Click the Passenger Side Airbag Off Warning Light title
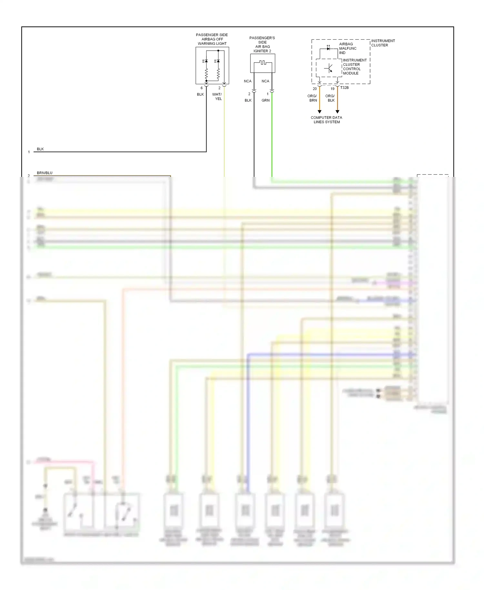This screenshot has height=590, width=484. (x=212, y=39)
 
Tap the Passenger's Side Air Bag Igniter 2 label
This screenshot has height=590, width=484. (x=262, y=44)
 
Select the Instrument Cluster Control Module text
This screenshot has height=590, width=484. (x=354, y=67)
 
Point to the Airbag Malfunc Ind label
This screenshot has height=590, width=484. (x=348, y=48)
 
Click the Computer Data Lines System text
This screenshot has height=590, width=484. (x=326, y=120)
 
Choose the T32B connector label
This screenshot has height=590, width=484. (x=344, y=87)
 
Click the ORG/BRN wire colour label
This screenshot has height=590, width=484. (x=312, y=98)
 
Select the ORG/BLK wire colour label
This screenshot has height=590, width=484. (x=330, y=98)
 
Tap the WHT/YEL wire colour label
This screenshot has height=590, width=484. (x=217, y=97)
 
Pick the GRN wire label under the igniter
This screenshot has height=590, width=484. (x=266, y=100)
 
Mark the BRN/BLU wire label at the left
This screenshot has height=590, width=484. (x=45, y=173)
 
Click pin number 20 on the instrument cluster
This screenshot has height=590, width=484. (x=315, y=89)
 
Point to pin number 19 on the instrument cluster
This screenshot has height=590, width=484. (x=332, y=89)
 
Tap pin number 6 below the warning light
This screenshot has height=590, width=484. (x=202, y=88)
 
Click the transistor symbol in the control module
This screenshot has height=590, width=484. (x=329, y=68)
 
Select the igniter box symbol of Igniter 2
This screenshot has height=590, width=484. (x=263, y=63)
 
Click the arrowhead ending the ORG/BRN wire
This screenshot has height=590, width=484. (x=319, y=112)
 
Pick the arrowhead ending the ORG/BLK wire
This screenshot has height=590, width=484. (x=338, y=112)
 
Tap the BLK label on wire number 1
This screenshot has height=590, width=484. (x=40, y=149)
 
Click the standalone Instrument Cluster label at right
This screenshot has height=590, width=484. (x=383, y=43)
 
